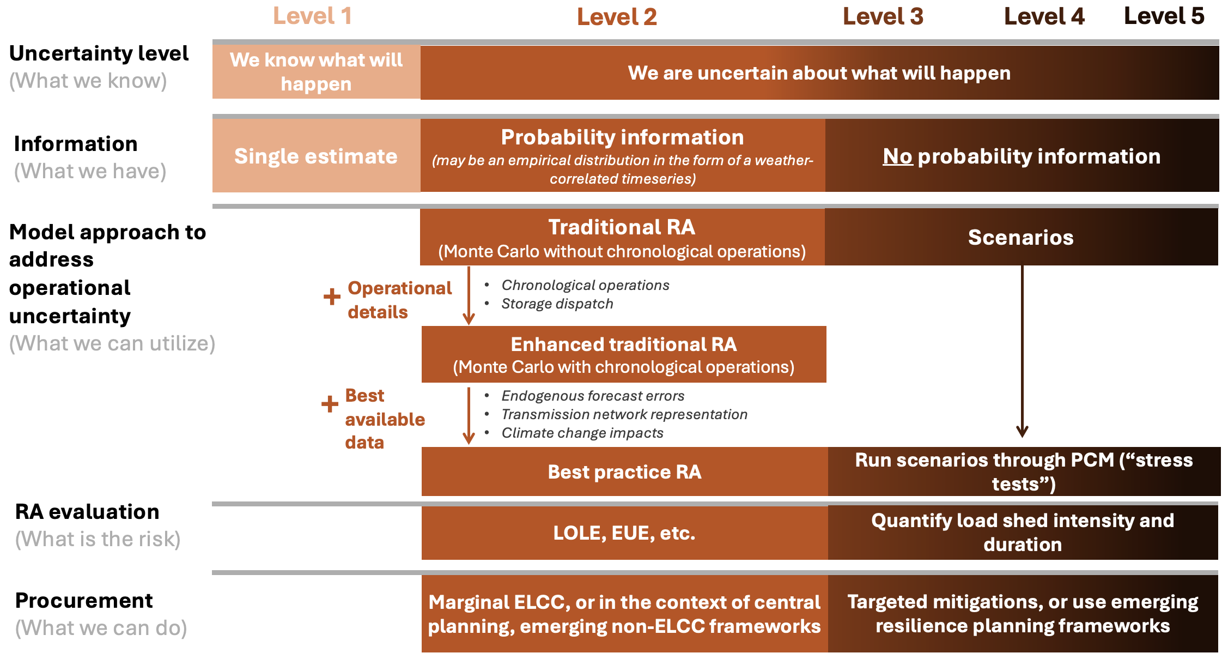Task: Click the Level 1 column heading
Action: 312,16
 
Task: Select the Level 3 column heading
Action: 883,16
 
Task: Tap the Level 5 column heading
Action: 1164,16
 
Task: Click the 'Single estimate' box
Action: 317,156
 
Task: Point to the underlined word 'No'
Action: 897,156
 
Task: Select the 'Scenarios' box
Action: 1022,237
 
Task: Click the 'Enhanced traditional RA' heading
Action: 624,344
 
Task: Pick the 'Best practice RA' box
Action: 625,471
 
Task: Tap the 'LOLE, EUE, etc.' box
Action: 625,533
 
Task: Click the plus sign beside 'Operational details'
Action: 332,297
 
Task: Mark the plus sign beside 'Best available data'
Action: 330,404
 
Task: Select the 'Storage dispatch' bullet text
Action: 557,304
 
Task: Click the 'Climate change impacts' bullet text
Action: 582,433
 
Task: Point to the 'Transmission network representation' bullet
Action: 624,414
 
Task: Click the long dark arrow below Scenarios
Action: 1022,352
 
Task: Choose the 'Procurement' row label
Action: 84,600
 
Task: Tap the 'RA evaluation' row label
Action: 87,512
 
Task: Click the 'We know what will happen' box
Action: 317,71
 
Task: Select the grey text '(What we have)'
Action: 90,171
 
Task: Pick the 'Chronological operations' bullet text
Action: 585,285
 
